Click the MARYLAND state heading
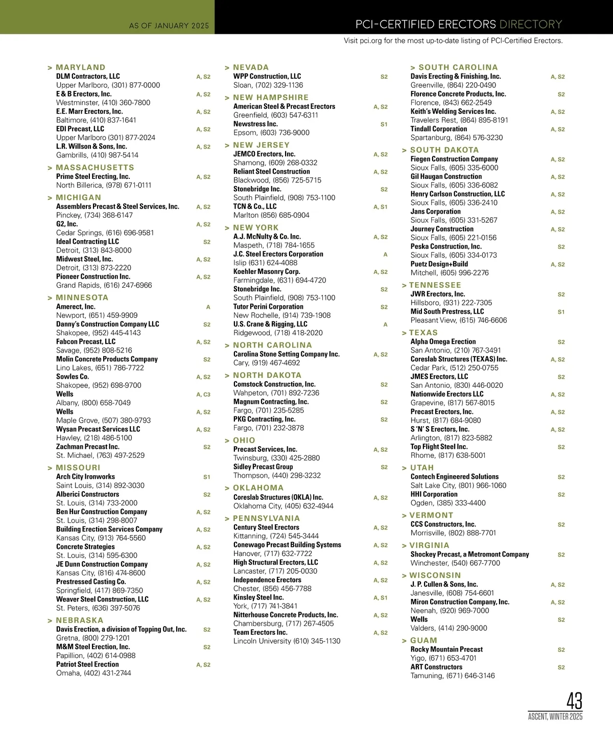coord(80,67)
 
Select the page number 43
coord(574,701)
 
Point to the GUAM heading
coord(423,640)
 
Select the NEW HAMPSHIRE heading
coord(271,98)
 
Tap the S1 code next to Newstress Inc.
coord(384,124)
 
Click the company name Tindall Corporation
coord(438,129)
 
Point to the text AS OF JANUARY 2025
coord(169,26)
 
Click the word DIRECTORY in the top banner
coord(530,24)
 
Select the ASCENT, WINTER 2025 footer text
coord(555,716)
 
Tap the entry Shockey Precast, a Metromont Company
coord(469,554)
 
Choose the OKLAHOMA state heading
coord(258,488)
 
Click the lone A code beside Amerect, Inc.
coord(208,307)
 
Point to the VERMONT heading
coord(431,516)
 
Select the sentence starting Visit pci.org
coord(453,41)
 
